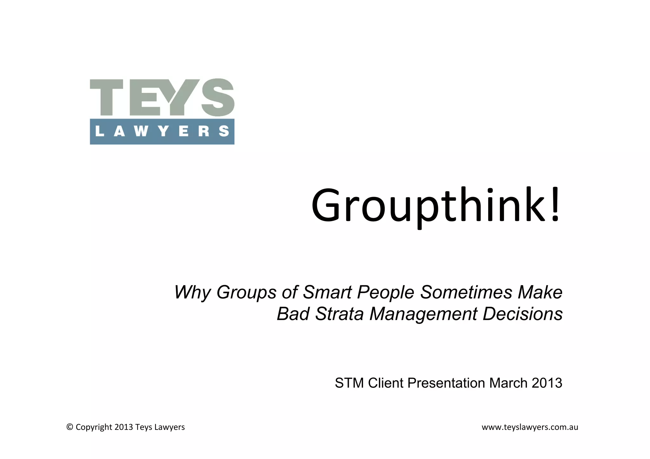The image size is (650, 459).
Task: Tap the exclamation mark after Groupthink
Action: [x=554, y=205]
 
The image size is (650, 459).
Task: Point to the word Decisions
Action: [x=522, y=314]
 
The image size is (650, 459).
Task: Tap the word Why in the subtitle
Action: [x=192, y=292]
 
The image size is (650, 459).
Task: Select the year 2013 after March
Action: [x=547, y=383]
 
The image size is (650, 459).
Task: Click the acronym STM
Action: [x=349, y=383]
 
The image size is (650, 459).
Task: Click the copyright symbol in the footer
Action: [x=70, y=427]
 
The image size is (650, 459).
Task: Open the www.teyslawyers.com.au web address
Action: [x=530, y=427]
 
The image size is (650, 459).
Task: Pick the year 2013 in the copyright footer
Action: [x=123, y=427]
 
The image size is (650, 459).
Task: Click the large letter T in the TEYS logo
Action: [x=106, y=97]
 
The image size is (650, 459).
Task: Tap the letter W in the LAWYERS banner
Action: [x=141, y=131]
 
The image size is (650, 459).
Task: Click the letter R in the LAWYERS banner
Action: [x=203, y=131]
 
